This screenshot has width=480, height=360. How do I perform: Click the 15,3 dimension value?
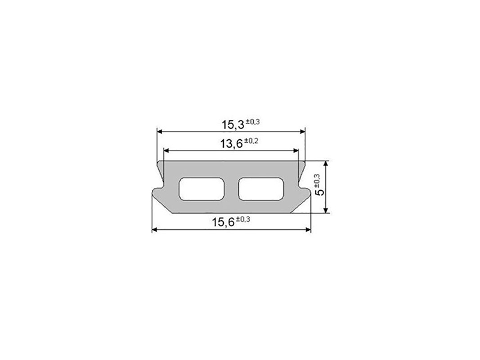(233, 125)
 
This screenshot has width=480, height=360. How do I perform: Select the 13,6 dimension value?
(232, 143)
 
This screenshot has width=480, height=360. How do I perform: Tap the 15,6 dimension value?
(223, 222)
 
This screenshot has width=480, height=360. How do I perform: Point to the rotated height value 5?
(320, 192)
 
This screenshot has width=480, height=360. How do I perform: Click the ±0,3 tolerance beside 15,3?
(253, 122)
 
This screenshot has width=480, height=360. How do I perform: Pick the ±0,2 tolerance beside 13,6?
(251, 141)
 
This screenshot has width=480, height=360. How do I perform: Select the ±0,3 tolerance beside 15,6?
(243, 219)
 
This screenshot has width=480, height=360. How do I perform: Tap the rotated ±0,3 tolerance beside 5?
(317, 181)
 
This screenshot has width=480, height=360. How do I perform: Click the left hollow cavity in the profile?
(202, 189)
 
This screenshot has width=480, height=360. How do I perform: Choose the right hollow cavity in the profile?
(261, 189)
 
